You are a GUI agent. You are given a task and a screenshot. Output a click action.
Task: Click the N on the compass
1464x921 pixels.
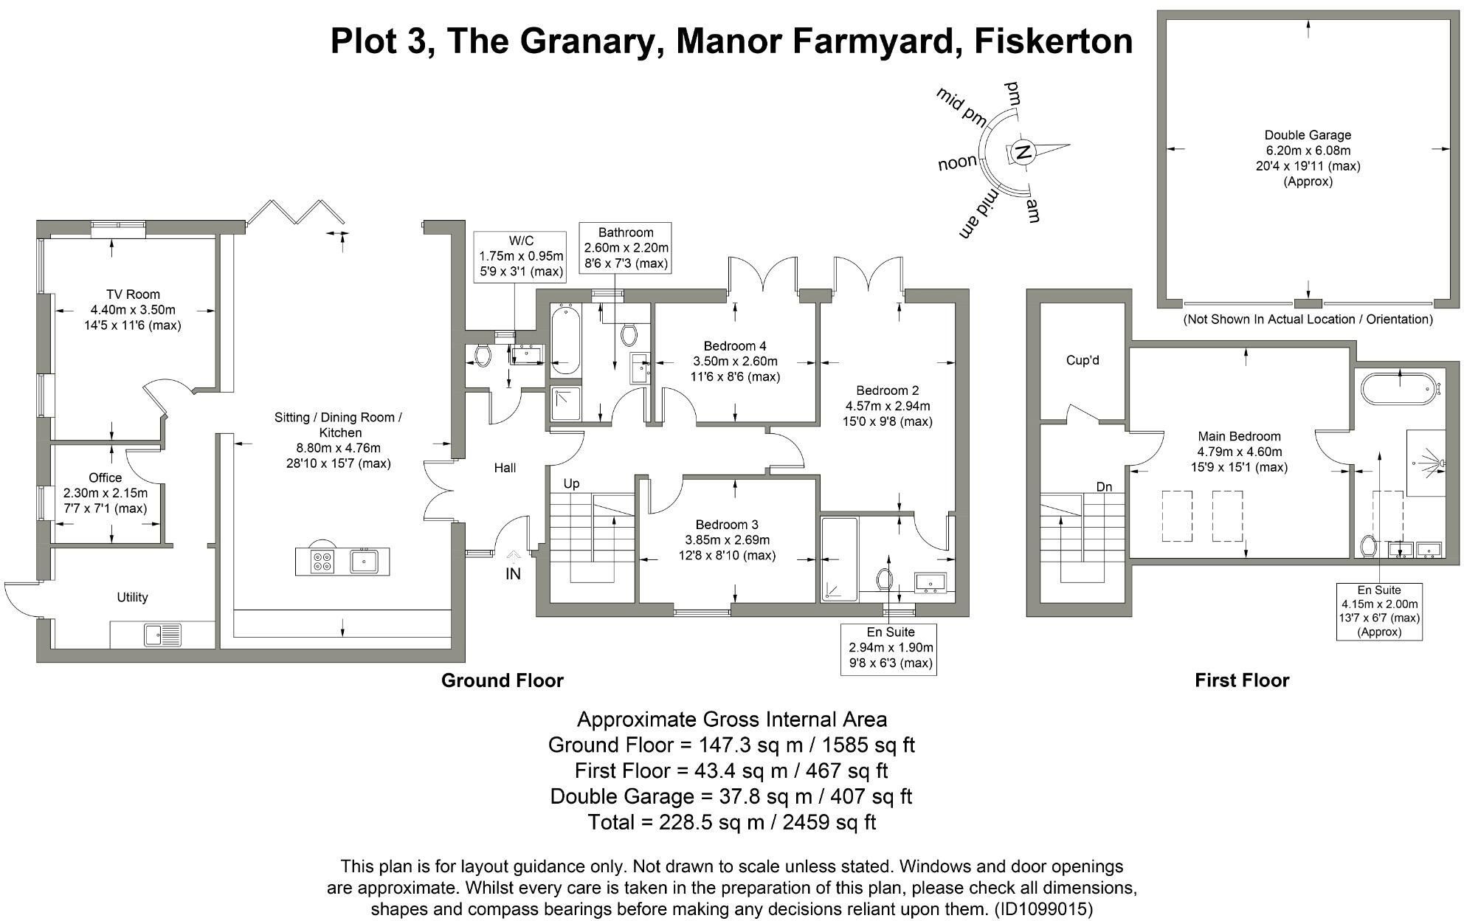[x=1023, y=153]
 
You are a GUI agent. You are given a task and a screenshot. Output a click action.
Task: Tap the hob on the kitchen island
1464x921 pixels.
[x=322, y=562]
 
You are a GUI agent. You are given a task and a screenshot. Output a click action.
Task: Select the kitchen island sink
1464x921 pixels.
[x=365, y=562]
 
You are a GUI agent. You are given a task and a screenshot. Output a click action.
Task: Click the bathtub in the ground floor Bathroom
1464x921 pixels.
[x=565, y=340]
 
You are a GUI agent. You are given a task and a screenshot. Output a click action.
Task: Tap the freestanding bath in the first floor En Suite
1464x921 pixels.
[x=1400, y=388]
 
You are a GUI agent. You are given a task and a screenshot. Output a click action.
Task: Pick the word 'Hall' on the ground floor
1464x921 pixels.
[x=505, y=468]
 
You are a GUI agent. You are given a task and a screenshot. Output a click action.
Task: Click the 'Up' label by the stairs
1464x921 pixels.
[x=571, y=484]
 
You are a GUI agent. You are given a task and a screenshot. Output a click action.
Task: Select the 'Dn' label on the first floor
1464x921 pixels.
[x=1104, y=487]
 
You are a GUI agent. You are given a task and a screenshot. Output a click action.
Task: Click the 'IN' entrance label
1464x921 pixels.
[x=513, y=573]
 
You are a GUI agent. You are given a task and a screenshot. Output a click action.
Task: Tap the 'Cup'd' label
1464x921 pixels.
[x=1083, y=360]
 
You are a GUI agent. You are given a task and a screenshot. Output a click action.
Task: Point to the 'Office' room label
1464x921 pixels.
[x=105, y=478]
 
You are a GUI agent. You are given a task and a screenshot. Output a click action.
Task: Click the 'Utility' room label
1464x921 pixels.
[x=132, y=597]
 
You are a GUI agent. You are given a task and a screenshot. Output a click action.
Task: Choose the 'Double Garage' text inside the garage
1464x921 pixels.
[x=1308, y=135]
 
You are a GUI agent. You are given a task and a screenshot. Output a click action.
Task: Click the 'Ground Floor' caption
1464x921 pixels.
[x=503, y=680]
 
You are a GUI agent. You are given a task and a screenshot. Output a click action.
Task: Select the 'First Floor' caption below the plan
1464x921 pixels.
[x=1242, y=680]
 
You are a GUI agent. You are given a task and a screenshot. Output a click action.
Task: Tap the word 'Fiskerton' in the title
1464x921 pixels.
[x=1054, y=41]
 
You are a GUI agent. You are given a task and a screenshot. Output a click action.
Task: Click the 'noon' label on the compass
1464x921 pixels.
[x=958, y=162]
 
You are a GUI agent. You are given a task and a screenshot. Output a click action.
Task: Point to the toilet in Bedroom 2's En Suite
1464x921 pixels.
[x=885, y=579]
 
